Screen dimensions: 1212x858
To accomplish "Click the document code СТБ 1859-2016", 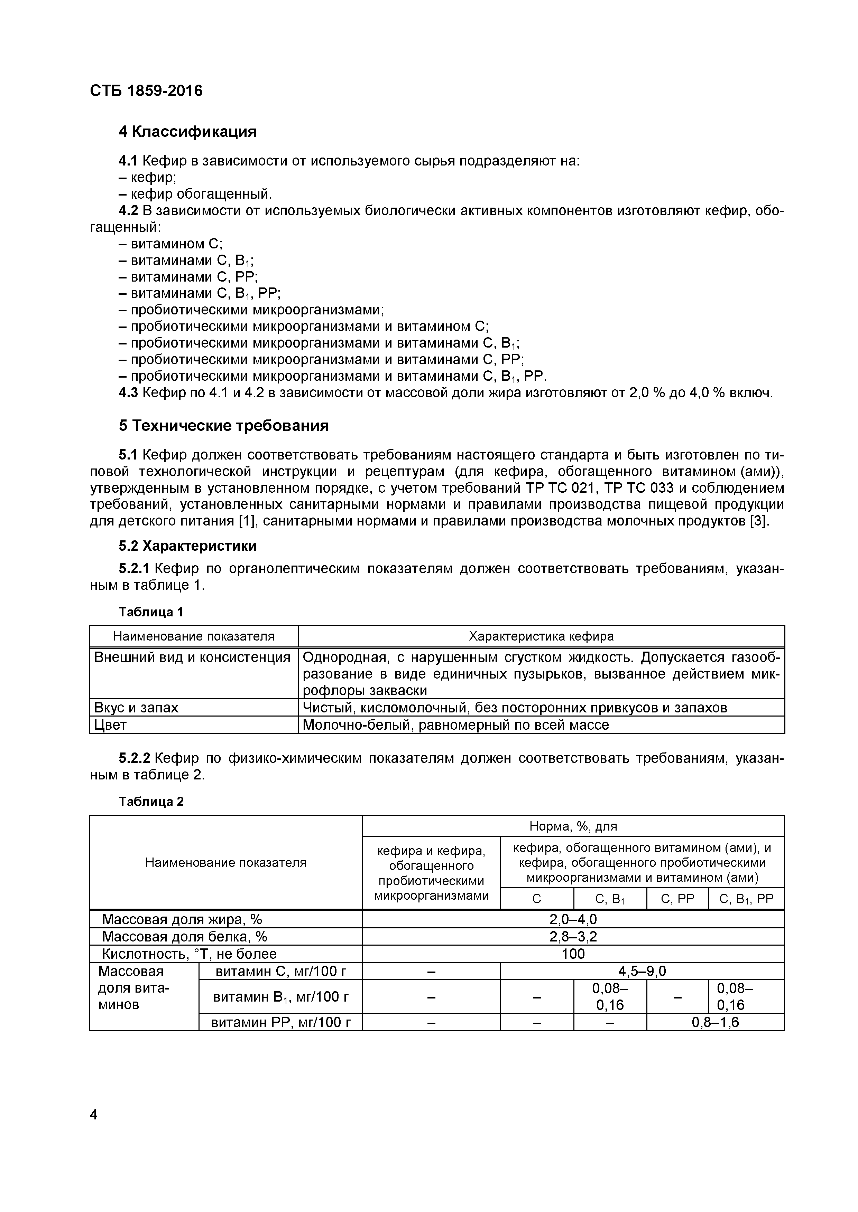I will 146,91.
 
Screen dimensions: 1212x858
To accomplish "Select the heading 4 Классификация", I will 187,131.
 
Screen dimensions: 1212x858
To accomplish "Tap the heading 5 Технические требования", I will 223,425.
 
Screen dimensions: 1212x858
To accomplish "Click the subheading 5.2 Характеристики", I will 187,545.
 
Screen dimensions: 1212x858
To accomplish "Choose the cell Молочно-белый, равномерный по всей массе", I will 455,725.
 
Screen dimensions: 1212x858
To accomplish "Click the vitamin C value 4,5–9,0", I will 642,971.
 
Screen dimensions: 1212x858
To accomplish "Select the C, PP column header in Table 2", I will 677,899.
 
